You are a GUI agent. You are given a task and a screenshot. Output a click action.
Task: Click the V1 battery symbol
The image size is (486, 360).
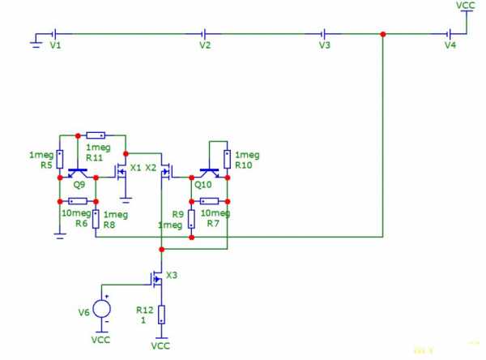click(55, 33)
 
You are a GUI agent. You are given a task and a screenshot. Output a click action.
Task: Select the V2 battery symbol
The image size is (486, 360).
click(204, 33)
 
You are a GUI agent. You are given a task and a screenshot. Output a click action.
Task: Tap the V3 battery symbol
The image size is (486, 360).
click(323, 33)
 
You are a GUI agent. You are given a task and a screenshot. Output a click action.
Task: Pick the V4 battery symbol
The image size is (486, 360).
click(449, 33)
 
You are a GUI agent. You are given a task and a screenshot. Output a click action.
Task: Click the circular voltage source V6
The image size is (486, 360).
click(102, 309)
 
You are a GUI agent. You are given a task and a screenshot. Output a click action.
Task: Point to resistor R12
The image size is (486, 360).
click(161, 315)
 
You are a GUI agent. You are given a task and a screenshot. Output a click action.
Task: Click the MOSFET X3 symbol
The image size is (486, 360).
click(157, 279)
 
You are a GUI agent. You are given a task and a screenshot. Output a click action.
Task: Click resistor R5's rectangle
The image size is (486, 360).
click(60, 159)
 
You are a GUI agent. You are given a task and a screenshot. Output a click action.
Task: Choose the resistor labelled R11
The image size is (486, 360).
click(96, 135)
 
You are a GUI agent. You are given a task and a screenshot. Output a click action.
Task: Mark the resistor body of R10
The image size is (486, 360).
click(227, 159)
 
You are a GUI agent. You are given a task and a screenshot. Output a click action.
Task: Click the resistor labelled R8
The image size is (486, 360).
click(96, 219)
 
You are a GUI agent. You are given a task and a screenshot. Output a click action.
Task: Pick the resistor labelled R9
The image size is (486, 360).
click(191, 219)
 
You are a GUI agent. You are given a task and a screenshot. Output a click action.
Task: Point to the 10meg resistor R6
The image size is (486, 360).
click(78, 201)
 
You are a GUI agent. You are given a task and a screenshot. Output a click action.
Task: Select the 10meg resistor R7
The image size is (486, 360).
click(209, 201)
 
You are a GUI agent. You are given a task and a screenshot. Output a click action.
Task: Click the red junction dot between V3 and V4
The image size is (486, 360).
click(383, 34)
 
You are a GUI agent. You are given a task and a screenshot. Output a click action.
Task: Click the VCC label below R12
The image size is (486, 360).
click(160, 345)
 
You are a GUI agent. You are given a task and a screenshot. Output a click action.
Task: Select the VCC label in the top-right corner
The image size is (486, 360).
click(465, 6)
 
